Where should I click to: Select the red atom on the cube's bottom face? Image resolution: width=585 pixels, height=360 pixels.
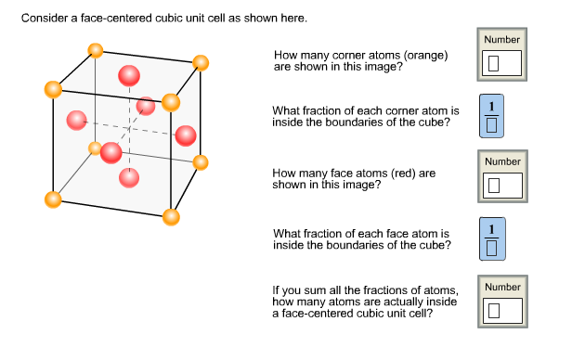[x=129, y=176]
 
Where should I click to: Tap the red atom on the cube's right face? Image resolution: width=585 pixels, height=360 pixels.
[x=186, y=135]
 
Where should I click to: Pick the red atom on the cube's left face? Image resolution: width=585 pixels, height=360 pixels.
[x=76, y=120]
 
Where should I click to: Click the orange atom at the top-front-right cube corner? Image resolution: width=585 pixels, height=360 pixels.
[x=171, y=102]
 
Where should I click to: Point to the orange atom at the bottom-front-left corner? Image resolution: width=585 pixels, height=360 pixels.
[x=53, y=199]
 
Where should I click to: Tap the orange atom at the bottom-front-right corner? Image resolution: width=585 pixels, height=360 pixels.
[x=171, y=217]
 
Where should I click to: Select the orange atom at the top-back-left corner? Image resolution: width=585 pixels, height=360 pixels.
[x=94, y=50]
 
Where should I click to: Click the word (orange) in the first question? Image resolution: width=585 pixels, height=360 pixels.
[x=422, y=56]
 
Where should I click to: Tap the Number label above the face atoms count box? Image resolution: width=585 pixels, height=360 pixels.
[x=502, y=161]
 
